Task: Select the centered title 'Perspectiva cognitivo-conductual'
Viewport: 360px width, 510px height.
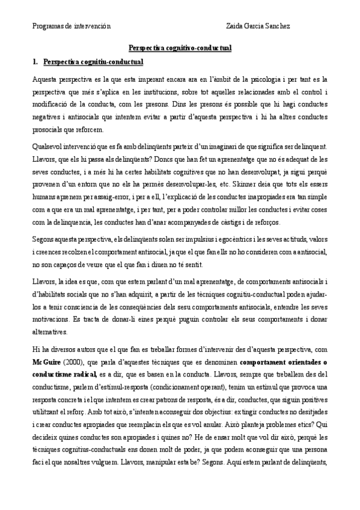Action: pos(180,48)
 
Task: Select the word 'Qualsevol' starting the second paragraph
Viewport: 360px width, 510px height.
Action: pos(47,147)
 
